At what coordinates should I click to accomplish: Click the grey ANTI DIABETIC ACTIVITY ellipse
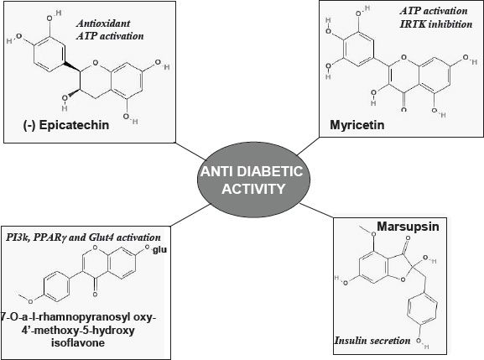pos(253,180)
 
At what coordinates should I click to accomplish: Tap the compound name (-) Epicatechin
pos(66,125)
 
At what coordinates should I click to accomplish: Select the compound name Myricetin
pos(357,125)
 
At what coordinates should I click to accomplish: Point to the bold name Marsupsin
pos(408,227)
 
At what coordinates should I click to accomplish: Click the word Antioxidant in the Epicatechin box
pos(103,23)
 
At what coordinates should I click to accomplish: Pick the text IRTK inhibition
pos(436,24)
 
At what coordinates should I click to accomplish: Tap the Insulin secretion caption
pos(372,341)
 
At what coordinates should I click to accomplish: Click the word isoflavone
pos(78,342)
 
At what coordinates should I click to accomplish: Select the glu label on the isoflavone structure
pos(159,250)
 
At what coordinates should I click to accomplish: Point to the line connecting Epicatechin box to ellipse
pos(190,151)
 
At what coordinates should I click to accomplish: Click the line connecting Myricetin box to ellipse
pos(308,146)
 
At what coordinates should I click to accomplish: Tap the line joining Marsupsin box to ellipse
pos(316,211)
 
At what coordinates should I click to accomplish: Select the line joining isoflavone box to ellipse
pos(191,215)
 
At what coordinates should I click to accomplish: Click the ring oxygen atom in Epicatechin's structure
pos(96,63)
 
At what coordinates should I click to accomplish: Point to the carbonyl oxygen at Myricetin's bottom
pos(403,109)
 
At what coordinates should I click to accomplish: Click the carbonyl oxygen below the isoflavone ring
pos(95,295)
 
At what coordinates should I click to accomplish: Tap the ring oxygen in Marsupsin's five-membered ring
pos(403,279)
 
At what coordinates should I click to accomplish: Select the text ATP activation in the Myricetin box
pos(434,11)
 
